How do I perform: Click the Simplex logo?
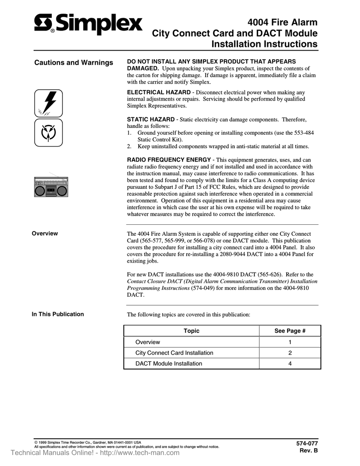coord(88,24)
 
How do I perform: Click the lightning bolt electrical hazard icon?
coord(48,103)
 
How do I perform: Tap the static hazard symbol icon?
coord(48,132)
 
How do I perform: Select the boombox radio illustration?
coord(51,187)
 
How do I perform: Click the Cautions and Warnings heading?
coord(74,63)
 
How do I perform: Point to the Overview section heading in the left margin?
coord(45,233)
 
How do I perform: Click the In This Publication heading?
coord(57,314)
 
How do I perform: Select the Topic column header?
coord(191,331)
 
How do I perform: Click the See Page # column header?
coord(290,331)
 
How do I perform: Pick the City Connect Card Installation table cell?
coord(174,353)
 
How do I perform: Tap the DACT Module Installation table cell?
coord(169,364)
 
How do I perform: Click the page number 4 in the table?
coord(290,364)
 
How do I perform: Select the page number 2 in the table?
coord(290,353)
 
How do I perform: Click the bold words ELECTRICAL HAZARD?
coord(158,92)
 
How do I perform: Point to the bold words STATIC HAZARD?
coord(152,119)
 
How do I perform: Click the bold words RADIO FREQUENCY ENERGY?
coord(168,160)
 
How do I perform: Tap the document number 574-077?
coord(307,443)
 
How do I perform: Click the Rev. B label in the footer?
coord(309,451)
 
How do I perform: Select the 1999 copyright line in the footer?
coord(87,442)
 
